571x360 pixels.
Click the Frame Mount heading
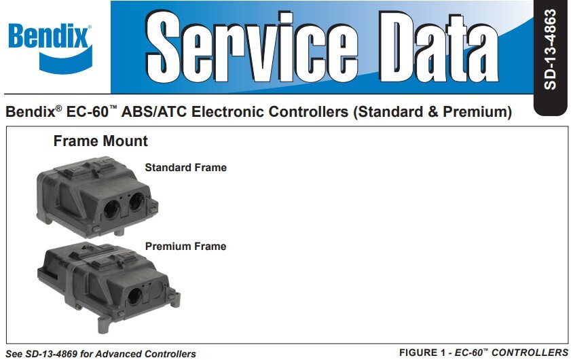[100, 142]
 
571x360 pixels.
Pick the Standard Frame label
[185, 167]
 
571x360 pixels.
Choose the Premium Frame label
[185, 246]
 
